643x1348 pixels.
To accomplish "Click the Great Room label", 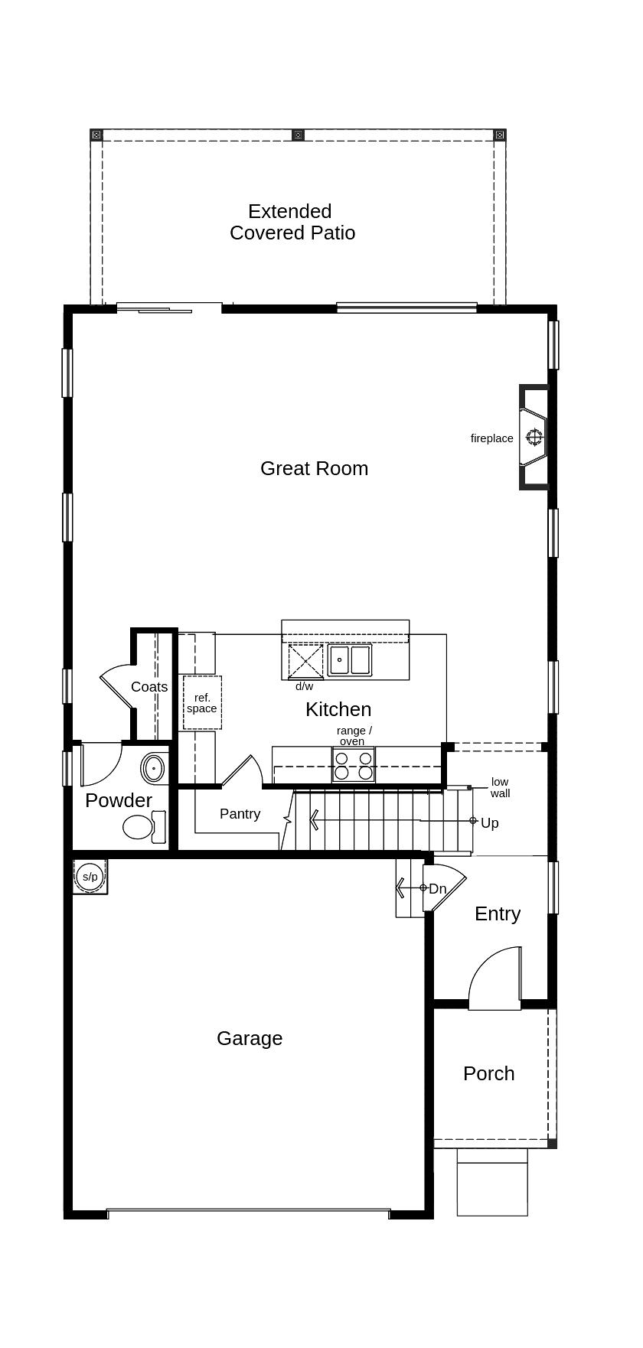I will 314,468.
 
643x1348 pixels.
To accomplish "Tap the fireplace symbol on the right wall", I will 534,438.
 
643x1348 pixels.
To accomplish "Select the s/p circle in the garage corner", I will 90,877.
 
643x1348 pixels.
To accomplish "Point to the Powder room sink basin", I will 154,767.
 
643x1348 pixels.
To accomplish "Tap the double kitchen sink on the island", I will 350,659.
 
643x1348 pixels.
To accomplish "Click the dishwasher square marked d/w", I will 305,661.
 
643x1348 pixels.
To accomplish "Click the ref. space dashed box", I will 202,702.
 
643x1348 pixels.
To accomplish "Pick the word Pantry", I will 240,814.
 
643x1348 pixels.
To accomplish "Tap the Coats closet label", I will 149,687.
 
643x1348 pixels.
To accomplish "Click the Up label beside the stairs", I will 490,823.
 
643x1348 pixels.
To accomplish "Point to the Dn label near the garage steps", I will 438,889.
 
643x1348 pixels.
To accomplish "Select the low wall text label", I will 500,788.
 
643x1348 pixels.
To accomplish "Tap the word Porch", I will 488,1073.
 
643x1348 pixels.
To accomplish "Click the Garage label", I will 250,1038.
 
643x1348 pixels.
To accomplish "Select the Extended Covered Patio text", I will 292,222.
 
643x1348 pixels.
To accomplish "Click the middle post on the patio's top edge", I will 299,135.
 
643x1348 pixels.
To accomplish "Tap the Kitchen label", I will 338,709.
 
